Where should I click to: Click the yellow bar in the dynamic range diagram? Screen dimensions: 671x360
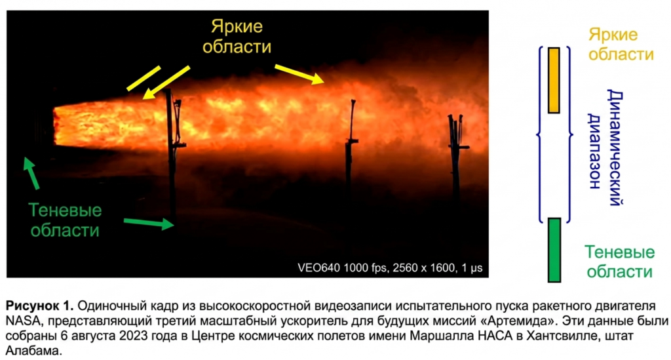tap(554, 80)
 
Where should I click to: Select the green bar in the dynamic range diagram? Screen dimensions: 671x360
tap(554, 250)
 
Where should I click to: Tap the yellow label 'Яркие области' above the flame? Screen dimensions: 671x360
tap(237, 36)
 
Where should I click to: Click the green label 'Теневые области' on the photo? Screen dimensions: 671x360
tap(65, 220)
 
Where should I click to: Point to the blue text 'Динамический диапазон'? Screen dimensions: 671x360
tap(605, 147)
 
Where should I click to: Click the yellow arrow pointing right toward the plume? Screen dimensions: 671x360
tap(299, 74)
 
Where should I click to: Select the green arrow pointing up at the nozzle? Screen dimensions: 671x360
tap(31, 173)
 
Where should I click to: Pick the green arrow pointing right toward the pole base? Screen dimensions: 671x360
tap(149, 222)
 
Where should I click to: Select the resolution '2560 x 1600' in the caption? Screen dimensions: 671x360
tap(424, 268)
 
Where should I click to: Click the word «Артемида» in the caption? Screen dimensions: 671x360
tap(529, 321)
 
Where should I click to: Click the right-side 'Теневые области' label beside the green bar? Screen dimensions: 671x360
tap(620, 262)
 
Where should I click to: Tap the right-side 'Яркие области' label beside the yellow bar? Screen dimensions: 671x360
tap(621, 45)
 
